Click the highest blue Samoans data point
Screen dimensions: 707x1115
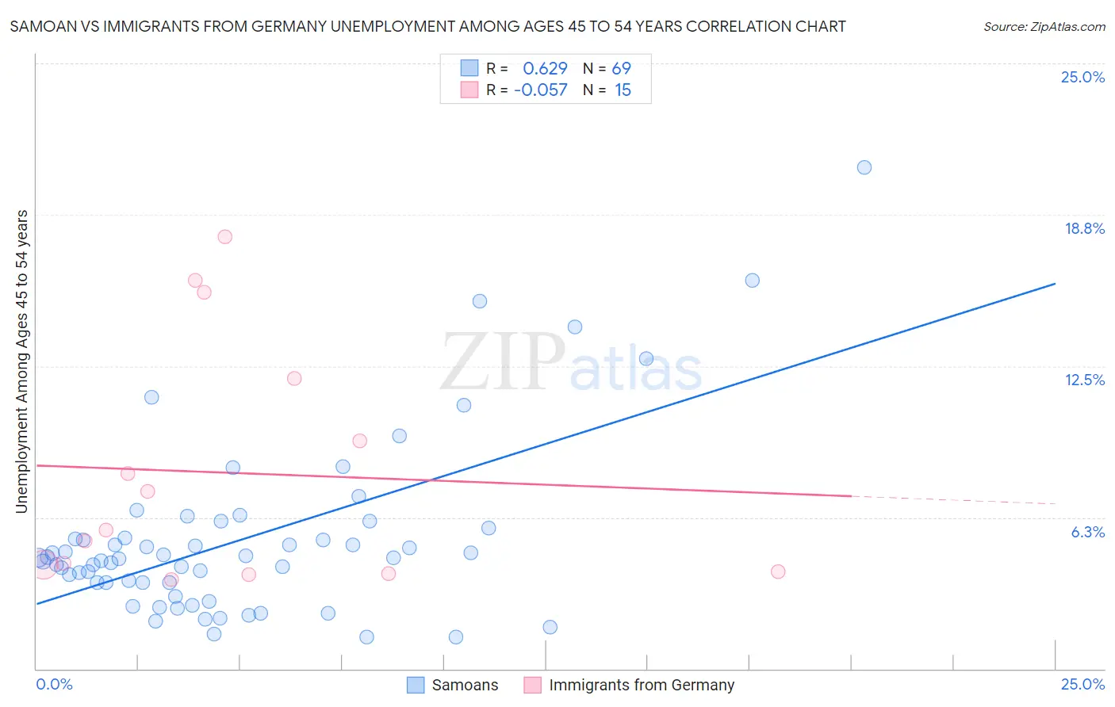864,167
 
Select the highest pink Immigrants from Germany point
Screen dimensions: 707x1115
224,237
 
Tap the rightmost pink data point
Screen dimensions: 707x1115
778,571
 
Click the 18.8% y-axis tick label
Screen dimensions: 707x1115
1084,228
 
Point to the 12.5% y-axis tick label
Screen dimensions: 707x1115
1084,380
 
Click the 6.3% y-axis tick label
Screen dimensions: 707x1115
1087,532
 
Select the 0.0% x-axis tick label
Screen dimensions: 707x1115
55,684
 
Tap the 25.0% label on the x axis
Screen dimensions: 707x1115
1082,684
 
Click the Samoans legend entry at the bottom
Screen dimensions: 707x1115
465,685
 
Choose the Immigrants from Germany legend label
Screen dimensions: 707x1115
641,685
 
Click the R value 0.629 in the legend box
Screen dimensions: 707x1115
545,69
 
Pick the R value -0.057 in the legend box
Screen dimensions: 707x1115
541,90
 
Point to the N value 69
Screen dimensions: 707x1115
621,69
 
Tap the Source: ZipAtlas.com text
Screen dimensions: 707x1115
1044,26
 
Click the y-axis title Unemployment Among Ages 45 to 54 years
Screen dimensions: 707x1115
21,361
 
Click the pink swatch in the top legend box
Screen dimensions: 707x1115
469,90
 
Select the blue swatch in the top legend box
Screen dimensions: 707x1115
469,68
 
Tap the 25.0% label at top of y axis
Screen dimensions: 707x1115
1082,77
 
